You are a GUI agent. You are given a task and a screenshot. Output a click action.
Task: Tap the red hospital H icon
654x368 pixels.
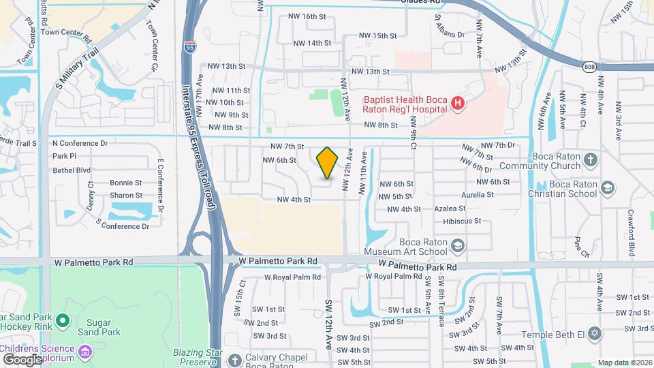(458, 104)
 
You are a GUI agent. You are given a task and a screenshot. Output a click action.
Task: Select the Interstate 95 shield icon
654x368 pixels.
(189, 46)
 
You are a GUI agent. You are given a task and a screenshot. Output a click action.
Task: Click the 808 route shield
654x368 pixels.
(590, 65)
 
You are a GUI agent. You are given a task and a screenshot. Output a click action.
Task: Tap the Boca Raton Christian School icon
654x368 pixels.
(608, 187)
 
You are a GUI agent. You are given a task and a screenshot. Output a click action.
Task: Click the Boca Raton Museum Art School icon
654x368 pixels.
(458, 245)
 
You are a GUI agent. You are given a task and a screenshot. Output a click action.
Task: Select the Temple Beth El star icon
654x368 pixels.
(595, 334)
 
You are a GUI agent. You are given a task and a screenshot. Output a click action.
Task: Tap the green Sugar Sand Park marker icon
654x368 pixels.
(63, 320)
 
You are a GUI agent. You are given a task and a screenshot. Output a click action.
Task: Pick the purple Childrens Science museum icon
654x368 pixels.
(85, 352)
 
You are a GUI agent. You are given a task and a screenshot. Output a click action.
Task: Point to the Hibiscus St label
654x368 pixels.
(462, 221)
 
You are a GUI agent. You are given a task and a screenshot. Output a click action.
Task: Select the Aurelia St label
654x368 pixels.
(477, 194)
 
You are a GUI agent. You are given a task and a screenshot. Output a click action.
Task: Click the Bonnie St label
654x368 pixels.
(126, 183)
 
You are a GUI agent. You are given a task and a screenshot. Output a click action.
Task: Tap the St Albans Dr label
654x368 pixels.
(450, 35)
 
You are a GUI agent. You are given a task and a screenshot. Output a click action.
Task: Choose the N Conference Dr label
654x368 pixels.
(80, 144)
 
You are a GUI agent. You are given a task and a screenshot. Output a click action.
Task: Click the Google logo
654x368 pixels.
(22, 359)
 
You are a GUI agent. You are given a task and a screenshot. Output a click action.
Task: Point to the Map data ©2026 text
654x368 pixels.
(623, 363)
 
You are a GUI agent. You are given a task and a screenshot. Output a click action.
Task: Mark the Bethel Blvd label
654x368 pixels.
(72, 170)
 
